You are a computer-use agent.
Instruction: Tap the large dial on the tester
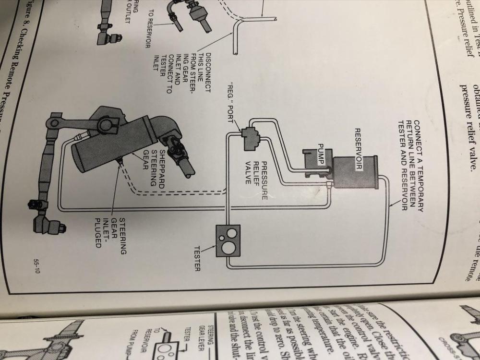coord(229,248)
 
